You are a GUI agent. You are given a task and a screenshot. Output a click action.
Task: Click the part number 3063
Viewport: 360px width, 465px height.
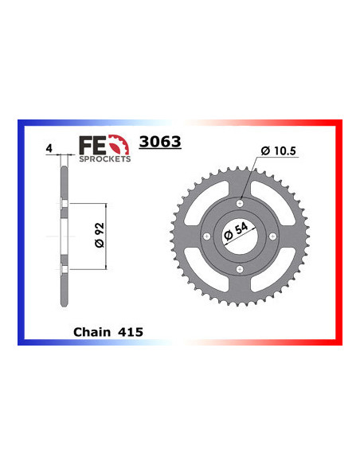pos(160,143)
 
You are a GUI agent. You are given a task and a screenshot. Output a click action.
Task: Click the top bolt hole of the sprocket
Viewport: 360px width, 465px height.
pos(239,202)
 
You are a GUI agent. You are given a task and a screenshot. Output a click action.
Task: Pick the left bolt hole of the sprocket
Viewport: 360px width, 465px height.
pos(205,236)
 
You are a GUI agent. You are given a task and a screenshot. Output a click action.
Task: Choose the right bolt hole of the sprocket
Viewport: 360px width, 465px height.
pos(273,236)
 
